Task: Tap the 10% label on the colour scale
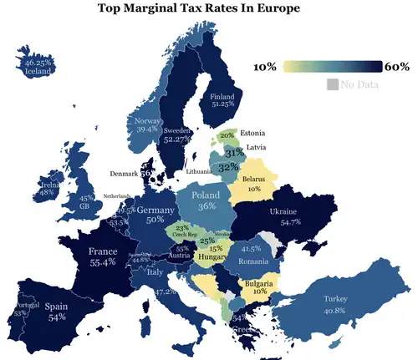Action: (x=265, y=67)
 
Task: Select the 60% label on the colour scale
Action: (x=396, y=67)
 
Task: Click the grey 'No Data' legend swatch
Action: (x=332, y=84)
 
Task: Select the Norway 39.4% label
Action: (x=147, y=125)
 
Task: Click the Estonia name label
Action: (x=253, y=134)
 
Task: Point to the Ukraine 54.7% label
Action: (x=284, y=217)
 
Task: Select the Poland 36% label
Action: (x=207, y=200)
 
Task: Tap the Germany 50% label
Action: (x=155, y=215)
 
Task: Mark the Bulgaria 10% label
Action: (x=260, y=288)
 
